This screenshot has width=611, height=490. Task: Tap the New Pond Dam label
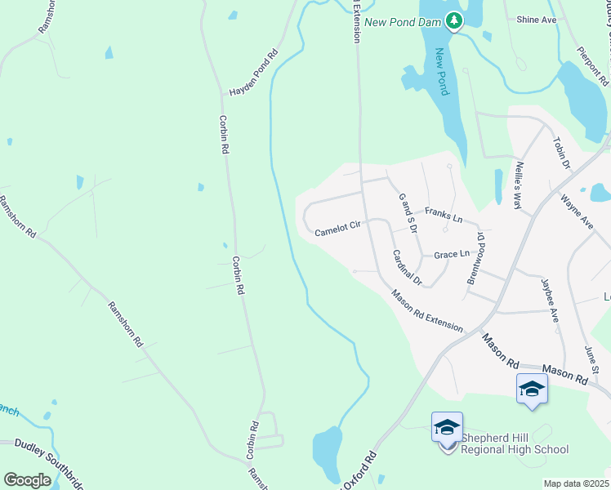[404, 22]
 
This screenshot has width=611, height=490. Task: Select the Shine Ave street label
[537, 19]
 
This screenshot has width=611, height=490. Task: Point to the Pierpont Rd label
[592, 66]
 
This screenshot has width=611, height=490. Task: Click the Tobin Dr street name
[561, 154]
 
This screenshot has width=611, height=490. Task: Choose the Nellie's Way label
[517, 186]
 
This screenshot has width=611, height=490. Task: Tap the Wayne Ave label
[576, 211]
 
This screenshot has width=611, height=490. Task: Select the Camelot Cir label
[337, 229]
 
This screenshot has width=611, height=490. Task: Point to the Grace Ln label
[452, 254]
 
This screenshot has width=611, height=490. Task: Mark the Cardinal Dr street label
[406, 268]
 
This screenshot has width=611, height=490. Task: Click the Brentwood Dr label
[475, 259]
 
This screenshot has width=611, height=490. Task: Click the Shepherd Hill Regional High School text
[515, 443]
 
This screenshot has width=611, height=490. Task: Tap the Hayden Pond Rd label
[253, 73]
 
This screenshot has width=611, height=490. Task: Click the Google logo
[27, 479]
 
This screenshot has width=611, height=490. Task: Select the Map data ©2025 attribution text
[576, 483]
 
